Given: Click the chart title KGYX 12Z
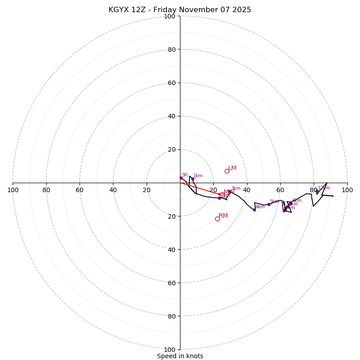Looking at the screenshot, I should (x=180, y=10).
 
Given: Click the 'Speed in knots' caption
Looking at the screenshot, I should (x=180, y=356).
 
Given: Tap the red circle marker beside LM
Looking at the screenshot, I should (x=227, y=171).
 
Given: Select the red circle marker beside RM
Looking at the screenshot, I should (x=217, y=219).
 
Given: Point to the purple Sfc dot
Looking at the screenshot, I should (x=181, y=178).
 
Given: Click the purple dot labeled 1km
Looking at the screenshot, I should (x=193, y=179).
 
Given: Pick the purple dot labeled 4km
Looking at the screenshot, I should (x=254, y=210).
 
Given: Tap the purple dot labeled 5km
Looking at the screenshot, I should (x=269, y=204).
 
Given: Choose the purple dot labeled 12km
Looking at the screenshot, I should (x=317, y=191).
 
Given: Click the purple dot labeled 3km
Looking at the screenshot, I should (x=229, y=191).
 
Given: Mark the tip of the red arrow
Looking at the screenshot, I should (x=222, y=194).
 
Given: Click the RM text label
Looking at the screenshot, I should (x=223, y=216).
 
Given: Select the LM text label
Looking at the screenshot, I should (x=232, y=168).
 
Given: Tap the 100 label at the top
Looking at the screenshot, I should (x=170, y=17).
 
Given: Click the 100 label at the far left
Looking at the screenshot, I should (x=13, y=190).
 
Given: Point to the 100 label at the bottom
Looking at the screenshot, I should (x=170, y=350).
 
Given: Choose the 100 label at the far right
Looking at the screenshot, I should (x=347, y=190).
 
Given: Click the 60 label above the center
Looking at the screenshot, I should (x=171, y=83).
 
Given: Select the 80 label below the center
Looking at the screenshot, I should (x=171, y=316).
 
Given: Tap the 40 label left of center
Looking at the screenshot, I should (x=113, y=190).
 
